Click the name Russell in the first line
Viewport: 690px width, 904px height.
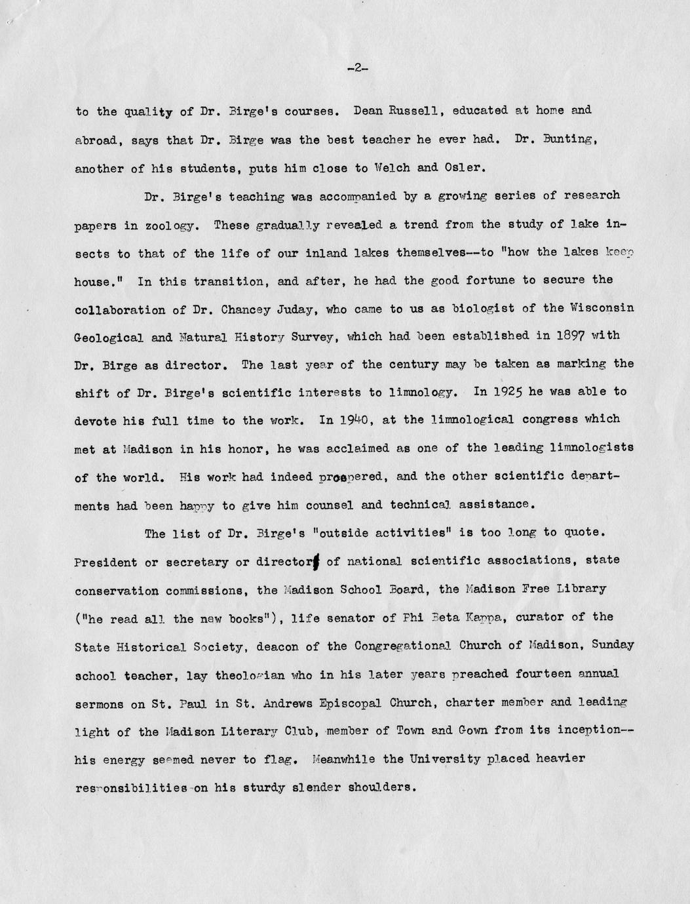click(x=410, y=111)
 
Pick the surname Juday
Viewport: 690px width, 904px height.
click(x=307, y=309)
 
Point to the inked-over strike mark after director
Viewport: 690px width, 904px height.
click(x=316, y=561)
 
